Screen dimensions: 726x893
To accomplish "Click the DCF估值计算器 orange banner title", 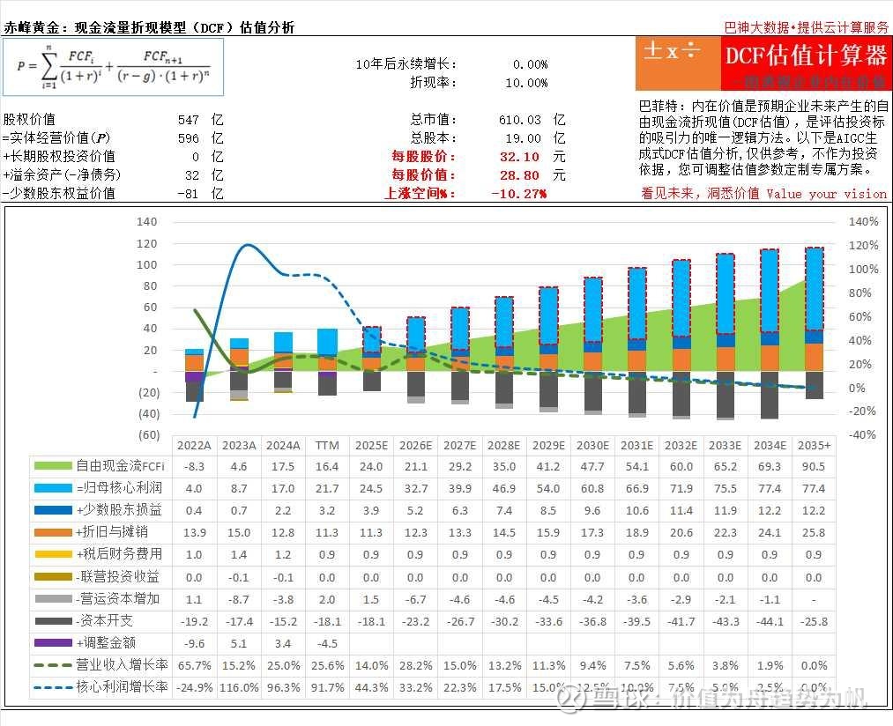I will pyautogui.click(x=805, y=56).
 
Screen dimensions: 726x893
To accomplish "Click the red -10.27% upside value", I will pyautogui.click(x=519, y=193).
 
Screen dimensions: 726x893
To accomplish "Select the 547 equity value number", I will pyautogui.click(x=188, y=119).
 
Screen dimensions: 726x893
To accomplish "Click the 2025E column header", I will pyautogui.click(x=371, y=445).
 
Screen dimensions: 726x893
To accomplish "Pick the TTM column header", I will pyautogui.click(x=327, y=445).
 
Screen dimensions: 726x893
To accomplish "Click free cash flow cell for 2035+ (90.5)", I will pyautogui.click(x=813, y=467).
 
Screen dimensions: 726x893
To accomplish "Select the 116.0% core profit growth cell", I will pyautogui.click(x=239, y=687).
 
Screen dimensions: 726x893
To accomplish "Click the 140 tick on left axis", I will pyautogui.click(x=147, y=222).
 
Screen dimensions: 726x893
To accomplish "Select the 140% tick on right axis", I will pyautogui.click(x=863, y=222).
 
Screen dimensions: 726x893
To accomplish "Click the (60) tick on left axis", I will pyautogui.click(x=147, y=434).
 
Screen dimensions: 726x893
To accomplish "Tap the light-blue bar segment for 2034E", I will pyautogui.click(x=769, y=291).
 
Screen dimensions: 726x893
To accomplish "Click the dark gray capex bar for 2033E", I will pyautogui.click(x=725, y=393).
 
